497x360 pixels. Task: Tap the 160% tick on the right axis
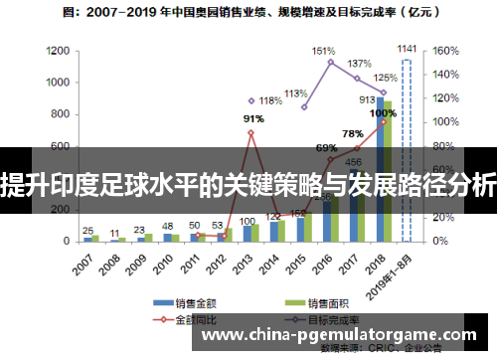click(x=443, y=50)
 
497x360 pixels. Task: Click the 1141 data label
click(x=408, y=47)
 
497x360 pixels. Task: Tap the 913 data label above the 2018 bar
click(x=368, y=99)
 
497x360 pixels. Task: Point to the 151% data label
click(x=323, y=50)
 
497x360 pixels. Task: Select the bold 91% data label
click(x=253, y=119)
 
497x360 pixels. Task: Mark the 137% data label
click(x=359, y=64)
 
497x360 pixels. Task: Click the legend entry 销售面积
click(x=328, y=302)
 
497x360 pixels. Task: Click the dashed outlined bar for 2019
click(x=406, y=149)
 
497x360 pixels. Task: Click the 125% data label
click(x=385, y=78)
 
